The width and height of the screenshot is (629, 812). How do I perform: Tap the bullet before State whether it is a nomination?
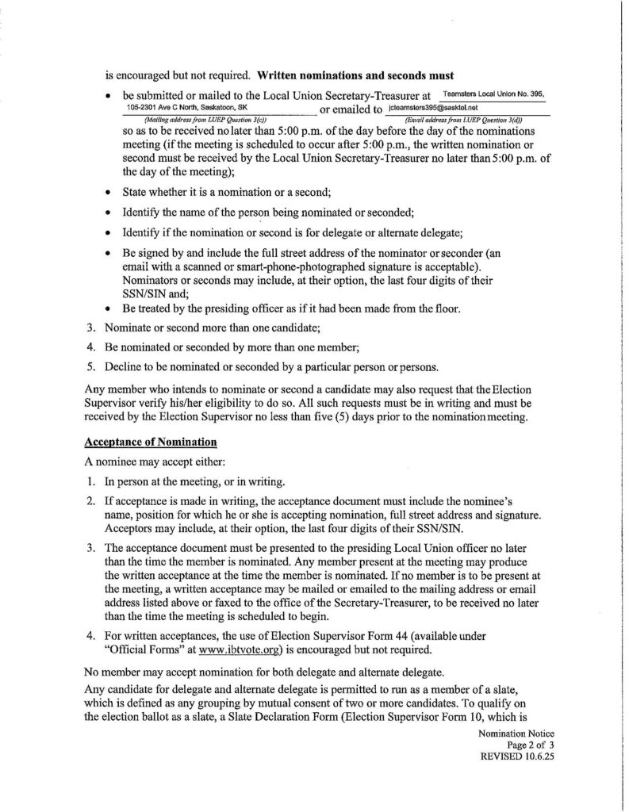108,192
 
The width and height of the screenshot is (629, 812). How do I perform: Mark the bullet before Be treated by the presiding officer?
108,308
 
